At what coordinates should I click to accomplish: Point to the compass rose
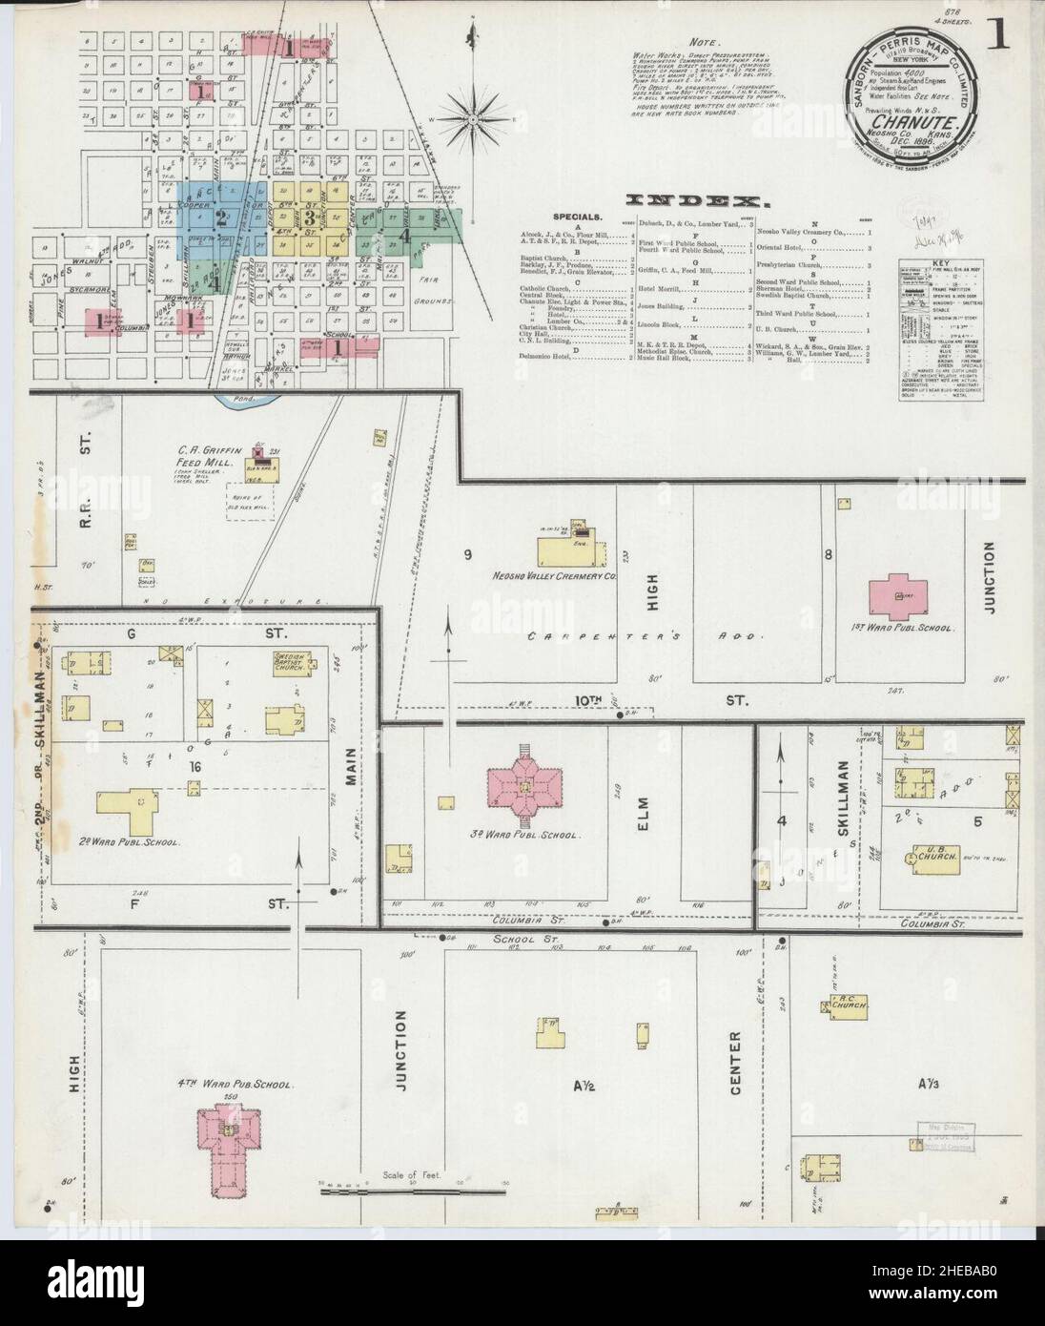point(474,119)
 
